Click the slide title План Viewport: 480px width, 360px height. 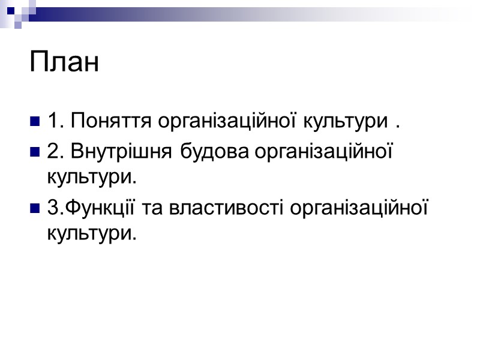(x=64, y=63)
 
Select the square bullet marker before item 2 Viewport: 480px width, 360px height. (x=34, y=154)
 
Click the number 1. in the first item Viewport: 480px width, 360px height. (x=55, y=122)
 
